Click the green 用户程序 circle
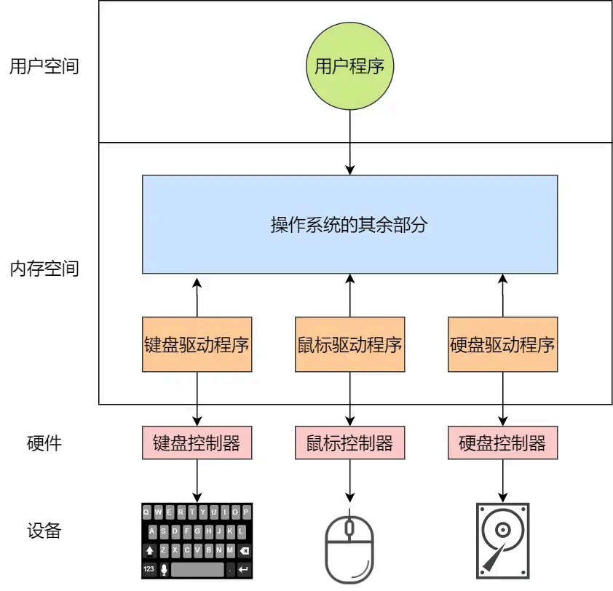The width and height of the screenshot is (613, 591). click(349, 68)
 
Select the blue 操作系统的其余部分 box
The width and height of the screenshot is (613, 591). click(349, 225)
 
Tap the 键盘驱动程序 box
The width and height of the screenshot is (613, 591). click(197, 344)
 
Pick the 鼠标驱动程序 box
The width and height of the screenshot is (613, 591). click(349, 344)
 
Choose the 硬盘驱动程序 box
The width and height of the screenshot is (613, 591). click(502, 344)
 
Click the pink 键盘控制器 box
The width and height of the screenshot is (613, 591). click(197, 443)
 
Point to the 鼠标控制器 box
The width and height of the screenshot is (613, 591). click(349, 443)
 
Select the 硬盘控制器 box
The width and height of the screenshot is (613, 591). click(502, 443)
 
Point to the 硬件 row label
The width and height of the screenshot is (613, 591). click(44, 443)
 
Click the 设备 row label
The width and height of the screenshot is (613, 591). click(44, 531)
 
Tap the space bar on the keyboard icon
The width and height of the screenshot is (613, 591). click(197, 568)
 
